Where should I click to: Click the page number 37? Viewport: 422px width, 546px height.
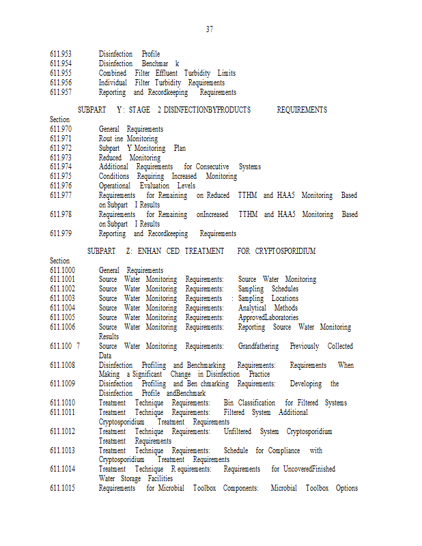[210, 29]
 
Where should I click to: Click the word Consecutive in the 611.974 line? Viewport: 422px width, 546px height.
[212, 167]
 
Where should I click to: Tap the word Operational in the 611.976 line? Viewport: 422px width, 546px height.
[115, 186]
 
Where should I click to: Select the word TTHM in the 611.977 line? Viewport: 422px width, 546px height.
[248, 195]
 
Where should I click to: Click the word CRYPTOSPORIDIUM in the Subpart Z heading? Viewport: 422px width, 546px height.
[285, 251]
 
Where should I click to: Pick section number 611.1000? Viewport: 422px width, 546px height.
[63, 270]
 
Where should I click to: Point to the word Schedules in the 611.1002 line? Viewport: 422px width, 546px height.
[285, 289]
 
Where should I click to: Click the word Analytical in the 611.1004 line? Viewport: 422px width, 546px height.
[252, 308]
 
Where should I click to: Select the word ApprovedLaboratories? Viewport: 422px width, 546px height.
[268, 317]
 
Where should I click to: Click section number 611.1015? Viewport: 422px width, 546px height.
[63, 488]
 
